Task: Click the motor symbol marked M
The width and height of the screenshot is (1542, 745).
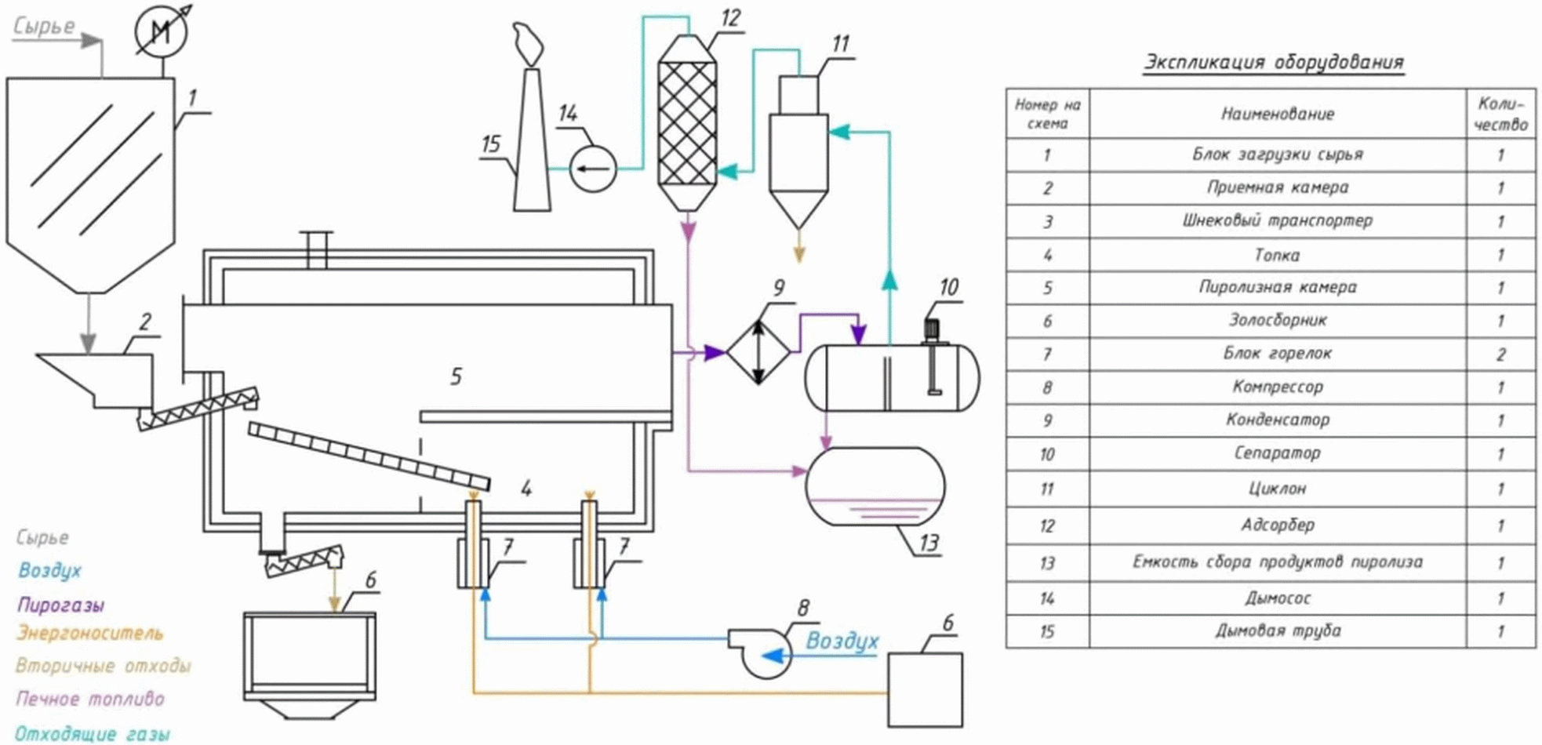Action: (162, 32)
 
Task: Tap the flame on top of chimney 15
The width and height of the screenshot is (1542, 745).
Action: (528, 45)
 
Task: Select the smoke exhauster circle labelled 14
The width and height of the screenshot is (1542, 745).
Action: (593, 168)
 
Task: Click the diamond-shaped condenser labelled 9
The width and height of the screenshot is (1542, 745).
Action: (758, 352)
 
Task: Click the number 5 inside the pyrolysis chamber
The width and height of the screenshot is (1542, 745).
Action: (456, 376)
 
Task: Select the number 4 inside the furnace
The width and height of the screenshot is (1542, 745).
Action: (526, 489)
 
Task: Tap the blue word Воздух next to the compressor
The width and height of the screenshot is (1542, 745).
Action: (842, 641)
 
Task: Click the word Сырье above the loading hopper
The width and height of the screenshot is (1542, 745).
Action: (45, 26)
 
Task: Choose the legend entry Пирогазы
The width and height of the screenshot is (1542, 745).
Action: (61, 605)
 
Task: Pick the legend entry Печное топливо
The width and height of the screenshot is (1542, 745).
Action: (90, 698)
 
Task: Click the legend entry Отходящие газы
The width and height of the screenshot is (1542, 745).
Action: (93, 734)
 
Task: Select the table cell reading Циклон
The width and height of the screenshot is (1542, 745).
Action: (1277, 489)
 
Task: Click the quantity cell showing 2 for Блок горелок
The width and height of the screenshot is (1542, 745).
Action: (1500, 354)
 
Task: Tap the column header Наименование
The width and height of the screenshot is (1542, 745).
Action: (1277, 114)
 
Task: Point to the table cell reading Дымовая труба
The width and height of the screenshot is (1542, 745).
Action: (1277, 631)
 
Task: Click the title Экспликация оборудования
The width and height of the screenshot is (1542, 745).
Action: (1273, 62)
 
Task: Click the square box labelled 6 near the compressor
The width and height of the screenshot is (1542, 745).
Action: (925, 690)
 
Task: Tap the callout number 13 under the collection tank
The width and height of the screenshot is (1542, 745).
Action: (929, 543)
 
